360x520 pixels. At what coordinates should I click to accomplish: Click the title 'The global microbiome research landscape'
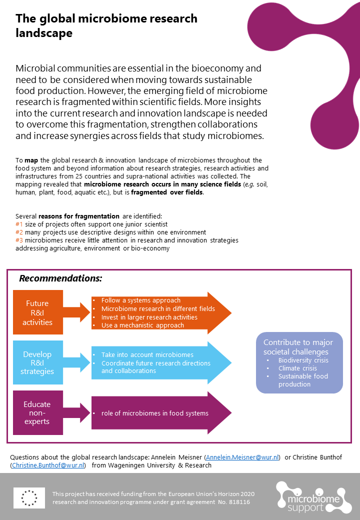click(x=106, y=26)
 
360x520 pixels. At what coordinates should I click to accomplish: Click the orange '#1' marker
click(x=19, y=224)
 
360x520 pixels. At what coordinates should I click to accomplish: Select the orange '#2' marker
click(x=19, y=232)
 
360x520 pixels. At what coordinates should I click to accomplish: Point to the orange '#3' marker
click(x=19, y=240)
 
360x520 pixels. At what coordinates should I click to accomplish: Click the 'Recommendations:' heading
click(x=60, y=278)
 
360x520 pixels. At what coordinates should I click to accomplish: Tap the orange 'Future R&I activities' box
click(x=37, y=312)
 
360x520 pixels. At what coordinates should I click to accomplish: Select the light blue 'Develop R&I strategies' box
click(x=37, y=363)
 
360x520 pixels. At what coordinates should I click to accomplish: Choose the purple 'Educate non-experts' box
click(x=37, y=412)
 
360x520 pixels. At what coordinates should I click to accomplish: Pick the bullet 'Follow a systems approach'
click(x=140, y=300)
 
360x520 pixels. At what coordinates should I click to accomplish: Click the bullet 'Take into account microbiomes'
click(x=147, y=354)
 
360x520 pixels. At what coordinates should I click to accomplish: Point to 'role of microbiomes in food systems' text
click(x=154, y=413)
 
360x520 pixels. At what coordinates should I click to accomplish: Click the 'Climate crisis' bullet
click(x=297, y=368)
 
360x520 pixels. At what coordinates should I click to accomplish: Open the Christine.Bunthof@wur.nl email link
click(x=48, y=465)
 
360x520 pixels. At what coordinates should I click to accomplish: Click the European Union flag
click(x=29, y=497)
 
